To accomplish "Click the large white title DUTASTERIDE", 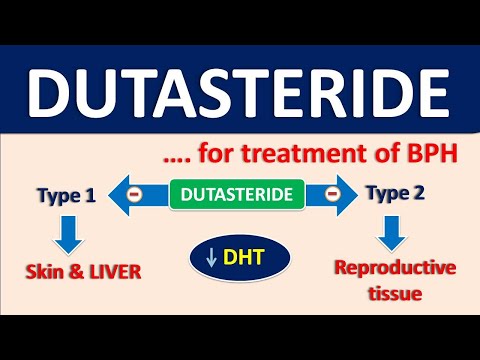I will [x=239, y=92].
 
